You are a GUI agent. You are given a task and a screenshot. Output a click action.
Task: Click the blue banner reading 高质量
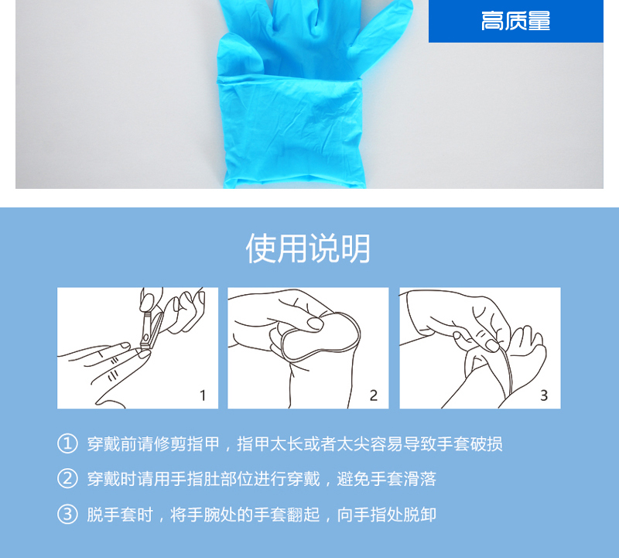click(x=515, y=21)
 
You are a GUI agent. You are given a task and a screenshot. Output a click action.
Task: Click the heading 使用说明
click(x=308, y=248)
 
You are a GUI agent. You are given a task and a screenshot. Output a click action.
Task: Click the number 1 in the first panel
click(x=203, y=395)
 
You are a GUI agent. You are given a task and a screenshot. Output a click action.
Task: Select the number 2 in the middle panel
click(x=374, y=395)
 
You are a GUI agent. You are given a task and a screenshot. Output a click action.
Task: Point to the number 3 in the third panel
click(x=544, y=395)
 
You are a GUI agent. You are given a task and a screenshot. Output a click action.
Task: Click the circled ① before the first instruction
click(x=67, y=443)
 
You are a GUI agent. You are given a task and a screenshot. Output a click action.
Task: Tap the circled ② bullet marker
click(x=67, y=478)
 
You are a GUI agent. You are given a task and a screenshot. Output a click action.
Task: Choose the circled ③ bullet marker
click(x=67, y=514)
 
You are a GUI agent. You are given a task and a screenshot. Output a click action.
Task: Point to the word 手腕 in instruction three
click(x=203, y=515)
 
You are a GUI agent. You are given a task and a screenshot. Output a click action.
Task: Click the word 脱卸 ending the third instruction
click(x=420, y=515)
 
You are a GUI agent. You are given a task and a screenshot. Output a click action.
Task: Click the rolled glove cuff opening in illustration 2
click(x=320, y=337)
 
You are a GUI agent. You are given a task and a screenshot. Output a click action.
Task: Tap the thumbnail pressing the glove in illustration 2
click(x=315, y=324)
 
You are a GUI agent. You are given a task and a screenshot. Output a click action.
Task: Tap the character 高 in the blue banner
click(x=490, y=21)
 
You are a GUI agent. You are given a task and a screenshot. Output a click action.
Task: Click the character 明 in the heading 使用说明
click(x=355, y=248)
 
